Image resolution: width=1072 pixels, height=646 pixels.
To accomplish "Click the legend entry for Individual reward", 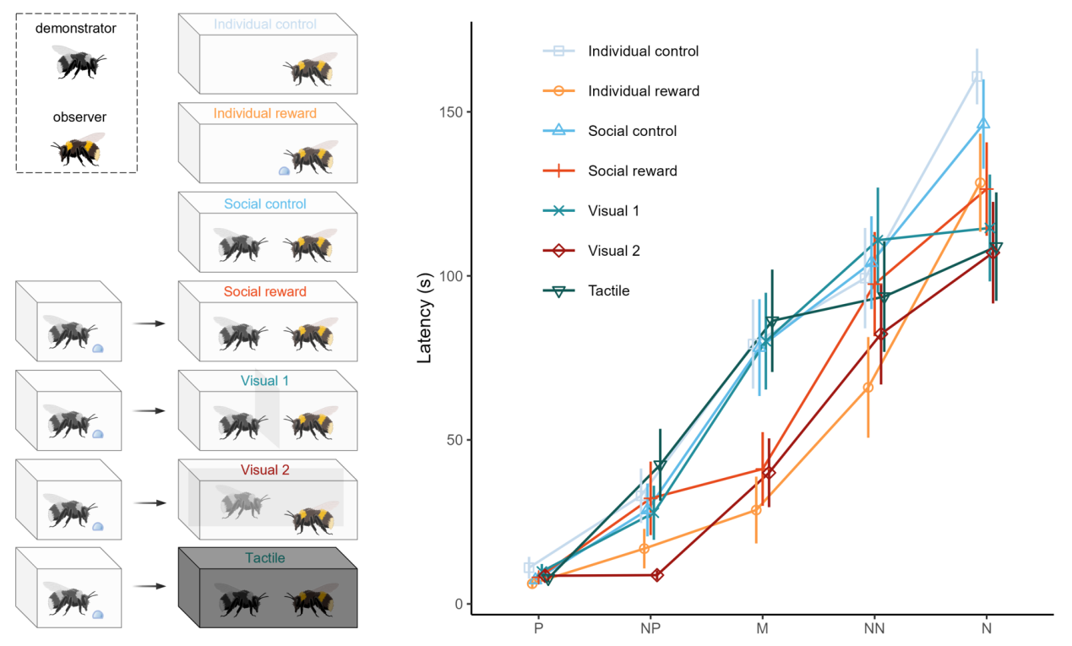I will [x=643, y=91].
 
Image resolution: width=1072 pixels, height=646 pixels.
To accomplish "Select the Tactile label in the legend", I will [x=609, y=291].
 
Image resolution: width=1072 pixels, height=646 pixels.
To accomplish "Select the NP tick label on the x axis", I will [x=650, y=629].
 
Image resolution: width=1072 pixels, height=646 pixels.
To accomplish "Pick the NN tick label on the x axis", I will [x=873, y=629].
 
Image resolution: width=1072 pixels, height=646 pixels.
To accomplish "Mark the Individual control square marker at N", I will [x=977, y=77].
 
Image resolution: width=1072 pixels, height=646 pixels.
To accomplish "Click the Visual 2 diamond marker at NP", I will [x=657, y=575].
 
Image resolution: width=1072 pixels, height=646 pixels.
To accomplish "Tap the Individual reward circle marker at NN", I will [x=868, y=388].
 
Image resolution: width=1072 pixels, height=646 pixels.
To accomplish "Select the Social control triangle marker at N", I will [x=983, y=124].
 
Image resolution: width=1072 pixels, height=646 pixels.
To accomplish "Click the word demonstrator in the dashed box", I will [x=76, y=29].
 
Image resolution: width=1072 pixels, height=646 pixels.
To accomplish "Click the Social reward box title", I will [x=264, y=292].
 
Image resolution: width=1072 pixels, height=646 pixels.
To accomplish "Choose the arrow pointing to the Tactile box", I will [x=148, y=585].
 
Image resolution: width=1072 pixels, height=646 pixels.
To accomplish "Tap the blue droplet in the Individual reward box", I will [x=284, y=171].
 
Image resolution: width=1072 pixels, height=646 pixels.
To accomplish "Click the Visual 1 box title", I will [x=264, y=381].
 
